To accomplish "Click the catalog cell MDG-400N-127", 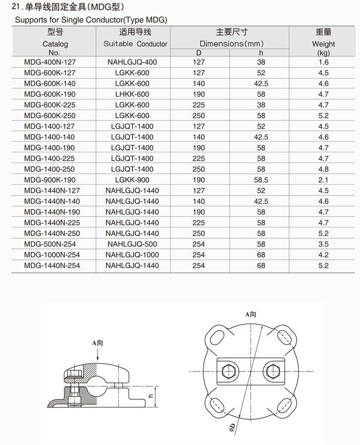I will coord(50,62).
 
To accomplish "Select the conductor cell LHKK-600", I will coord(132,94).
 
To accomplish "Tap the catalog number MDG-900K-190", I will coord(50,180).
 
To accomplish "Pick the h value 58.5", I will coord(261,180).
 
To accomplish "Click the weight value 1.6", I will coord(323,62).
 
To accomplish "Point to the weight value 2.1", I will coord(323,180).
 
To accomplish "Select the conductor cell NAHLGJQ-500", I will coord(132,244).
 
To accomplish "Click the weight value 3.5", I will coord(323,244).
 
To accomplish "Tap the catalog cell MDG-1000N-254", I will coord(52,255).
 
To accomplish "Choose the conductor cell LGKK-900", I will coord(132,180).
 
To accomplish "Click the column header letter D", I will coord(199,52).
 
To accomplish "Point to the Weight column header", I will coord(323,44).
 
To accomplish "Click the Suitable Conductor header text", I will coord(135,44).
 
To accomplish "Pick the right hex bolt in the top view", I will coord(273,370).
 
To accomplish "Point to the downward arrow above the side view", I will coord(98,354).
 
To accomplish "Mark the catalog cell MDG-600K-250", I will coord(50,116).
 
